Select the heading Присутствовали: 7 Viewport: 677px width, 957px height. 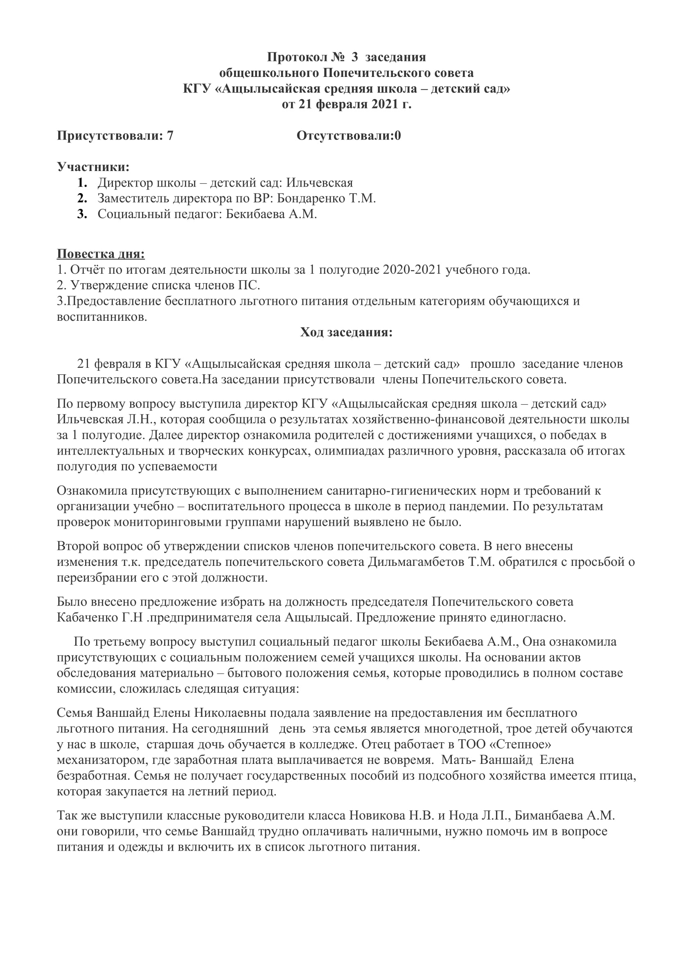(115, 135)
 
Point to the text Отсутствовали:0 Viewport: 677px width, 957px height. (348, 135)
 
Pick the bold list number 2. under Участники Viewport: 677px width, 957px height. (82, 198)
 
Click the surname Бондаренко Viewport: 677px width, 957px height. (311, 198)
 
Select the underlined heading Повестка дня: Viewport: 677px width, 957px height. (101, 254)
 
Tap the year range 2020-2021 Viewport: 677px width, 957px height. (412, 270)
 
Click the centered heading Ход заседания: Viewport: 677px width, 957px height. (346, 332)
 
